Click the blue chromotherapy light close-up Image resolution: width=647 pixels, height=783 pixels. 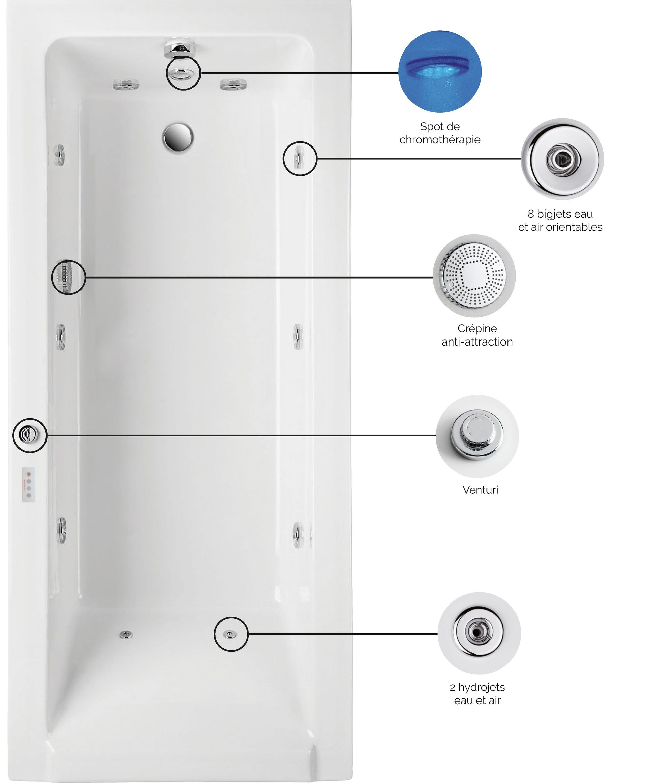440,71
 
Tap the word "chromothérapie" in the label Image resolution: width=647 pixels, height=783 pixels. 440,140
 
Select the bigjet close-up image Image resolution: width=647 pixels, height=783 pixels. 562,159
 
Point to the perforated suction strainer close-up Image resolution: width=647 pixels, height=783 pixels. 474,276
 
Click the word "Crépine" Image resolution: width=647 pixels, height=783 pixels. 477,329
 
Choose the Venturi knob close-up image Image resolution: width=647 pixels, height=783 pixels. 477,436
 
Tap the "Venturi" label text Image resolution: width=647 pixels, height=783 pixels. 480,490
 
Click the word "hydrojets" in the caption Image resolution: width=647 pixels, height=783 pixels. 482,687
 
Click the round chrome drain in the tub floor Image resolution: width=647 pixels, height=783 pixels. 178,137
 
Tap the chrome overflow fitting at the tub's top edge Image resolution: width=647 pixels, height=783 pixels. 180,50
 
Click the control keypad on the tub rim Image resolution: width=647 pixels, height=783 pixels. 29,485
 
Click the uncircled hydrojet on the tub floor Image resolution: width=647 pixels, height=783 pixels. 126,634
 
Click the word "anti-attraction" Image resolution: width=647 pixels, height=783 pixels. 477,342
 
